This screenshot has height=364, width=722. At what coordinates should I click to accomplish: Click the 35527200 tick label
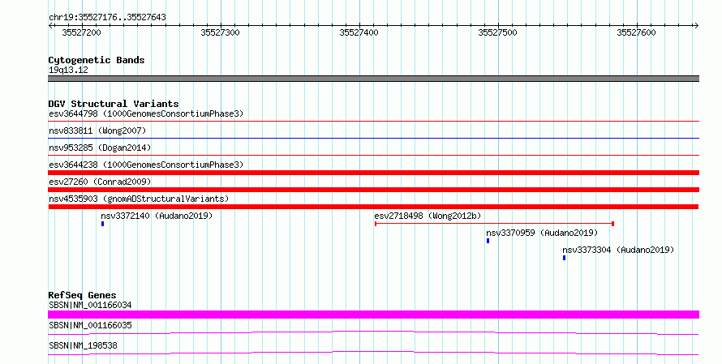pyautogui.click(x=81, y=32)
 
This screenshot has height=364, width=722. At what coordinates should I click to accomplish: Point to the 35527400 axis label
pyautogui.click(x=359, y=32)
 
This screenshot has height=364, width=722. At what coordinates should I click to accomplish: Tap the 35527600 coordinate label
pyautogui.click(x=636, y=32)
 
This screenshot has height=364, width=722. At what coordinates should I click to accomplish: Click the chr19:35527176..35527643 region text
pyautogui.click(x=107, y=18)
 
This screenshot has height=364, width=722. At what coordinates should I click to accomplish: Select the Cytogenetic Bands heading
pyautogui.click(x=97, y=60)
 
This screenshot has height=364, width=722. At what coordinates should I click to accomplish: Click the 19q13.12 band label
pyautogui.click(x=68, y=70)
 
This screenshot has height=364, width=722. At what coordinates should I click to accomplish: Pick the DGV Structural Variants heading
pyautogui.click(x=114, y=104)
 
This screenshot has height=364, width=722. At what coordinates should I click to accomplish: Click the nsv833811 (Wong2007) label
pyautogui.click(x=97, y=131)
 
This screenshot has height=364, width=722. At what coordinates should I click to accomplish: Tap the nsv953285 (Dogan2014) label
pyautogui.click(x=100, y=148)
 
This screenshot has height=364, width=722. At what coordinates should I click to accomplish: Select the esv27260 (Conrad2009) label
pyautogui.click(x=100, y=182)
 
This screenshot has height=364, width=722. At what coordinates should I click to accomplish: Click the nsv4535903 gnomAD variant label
pyautogui.click(x=139, y=199)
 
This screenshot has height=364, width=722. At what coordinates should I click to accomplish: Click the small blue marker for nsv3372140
pyautogui.click(x=103, y=224)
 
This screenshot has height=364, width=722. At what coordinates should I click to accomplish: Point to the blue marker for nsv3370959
pyautogui.click(x=488, y=241)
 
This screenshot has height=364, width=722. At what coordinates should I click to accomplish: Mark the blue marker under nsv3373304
pyautogui.click(x=564, y=258)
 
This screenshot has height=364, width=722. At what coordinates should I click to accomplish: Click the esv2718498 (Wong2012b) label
pyautogui.click(x=428, y=216)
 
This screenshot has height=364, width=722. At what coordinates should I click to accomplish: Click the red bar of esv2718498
pyautogui.click(x=494, y=224)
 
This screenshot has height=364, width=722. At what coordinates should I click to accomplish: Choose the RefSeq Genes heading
pyautogui.click(x=83, y=295)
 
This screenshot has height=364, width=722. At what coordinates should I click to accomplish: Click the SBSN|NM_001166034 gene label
pyautogui.click(x=90, y=305)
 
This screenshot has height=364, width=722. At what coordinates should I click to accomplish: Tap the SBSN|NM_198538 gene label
pyautogui.click(x=83, y=345)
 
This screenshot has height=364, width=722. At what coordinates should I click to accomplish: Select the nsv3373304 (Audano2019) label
pyautogui.click(x=618, y=250)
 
